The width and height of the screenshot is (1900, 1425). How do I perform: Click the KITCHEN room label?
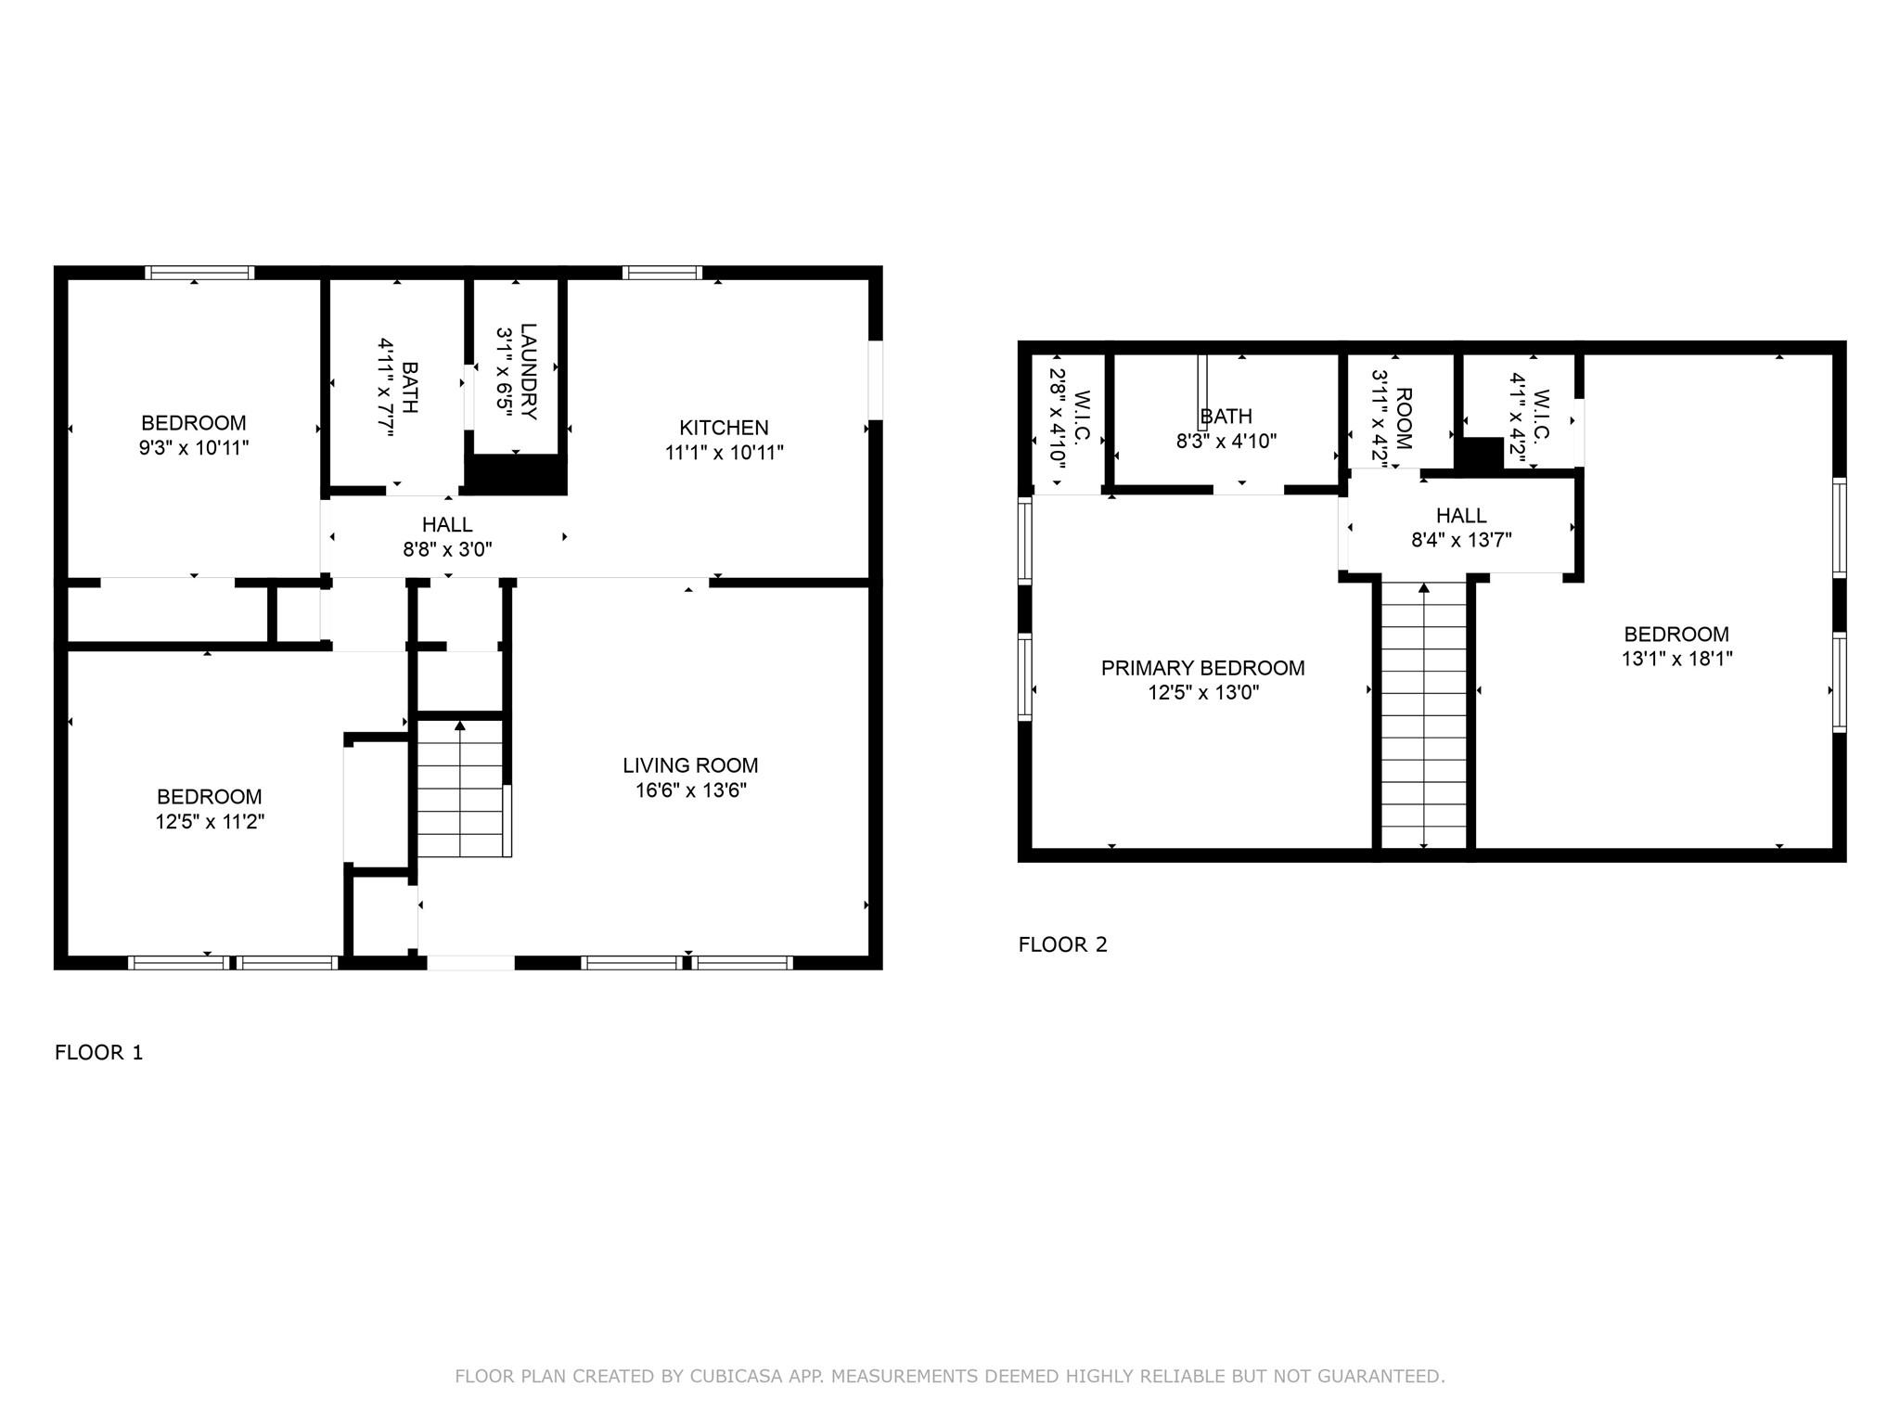(x=724, y=428)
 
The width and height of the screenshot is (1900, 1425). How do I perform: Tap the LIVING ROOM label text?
(x=690, y=765)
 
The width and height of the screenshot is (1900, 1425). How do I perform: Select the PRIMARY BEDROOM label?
(x=1202, y=668)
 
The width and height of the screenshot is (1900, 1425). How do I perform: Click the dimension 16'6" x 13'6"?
(x=690, y=790)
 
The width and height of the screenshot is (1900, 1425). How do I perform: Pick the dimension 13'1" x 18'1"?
(x=1676, y=659)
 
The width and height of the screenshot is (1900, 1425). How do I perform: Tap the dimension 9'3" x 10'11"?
(x=195, y=448)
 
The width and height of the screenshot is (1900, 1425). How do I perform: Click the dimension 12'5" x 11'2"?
(x=210, y=821)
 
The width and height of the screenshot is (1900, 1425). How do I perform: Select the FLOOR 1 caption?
(x=99, y=1052)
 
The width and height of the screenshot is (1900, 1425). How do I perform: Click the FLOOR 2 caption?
(x=1063, y=944)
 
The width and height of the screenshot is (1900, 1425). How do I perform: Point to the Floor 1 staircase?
(x=461, y=788)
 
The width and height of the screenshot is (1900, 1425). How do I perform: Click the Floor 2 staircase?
(x=1424, y=714)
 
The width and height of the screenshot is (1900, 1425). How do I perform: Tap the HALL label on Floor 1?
(x=447, y=525)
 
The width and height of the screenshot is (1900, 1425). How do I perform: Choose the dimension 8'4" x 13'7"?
(x=1461, y=540)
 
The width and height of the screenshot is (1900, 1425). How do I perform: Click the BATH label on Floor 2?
(x=1226, y=417)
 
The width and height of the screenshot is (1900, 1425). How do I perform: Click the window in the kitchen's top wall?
(x=662, y=273)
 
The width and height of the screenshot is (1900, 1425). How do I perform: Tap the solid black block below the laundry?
(x=515, y=475)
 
